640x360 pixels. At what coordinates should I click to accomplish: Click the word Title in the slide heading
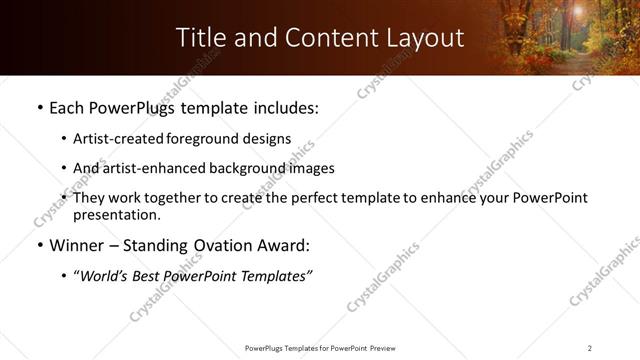(x=201, y=38)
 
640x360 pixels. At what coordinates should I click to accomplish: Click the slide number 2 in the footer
(x=590, y=348)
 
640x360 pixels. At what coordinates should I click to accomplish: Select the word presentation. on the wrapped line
(x=116, y=214)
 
